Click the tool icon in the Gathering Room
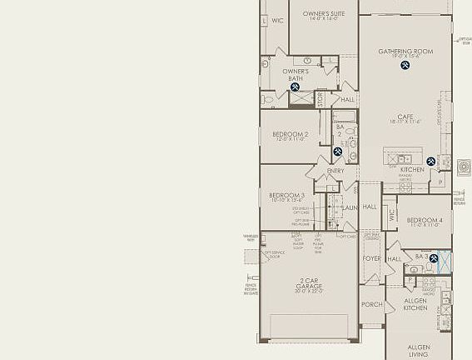[405, 65]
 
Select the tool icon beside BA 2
[338, 152]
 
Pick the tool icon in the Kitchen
[431, 162]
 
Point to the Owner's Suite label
[324, 14]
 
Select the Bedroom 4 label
[425, 221]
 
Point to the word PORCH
[372, 304]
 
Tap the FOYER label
[371, 258]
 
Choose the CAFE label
[405, 117]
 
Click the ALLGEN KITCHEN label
[415, 304]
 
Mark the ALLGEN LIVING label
[419, 350]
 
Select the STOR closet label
[320, 99]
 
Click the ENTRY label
[335, 171]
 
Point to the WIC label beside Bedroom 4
[391, 215]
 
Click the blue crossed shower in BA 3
[445, 262]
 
